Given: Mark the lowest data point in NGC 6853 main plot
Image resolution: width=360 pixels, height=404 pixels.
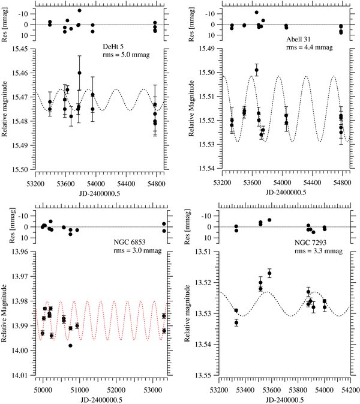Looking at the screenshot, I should click(70, 346).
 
